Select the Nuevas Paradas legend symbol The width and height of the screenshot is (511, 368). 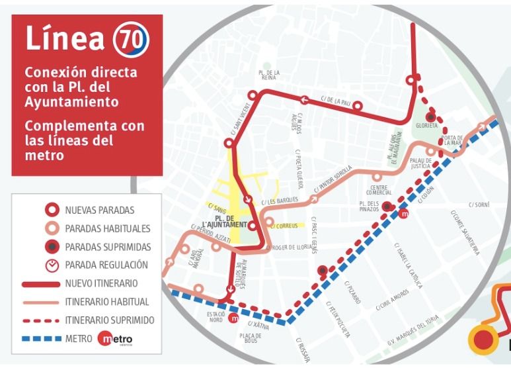50,210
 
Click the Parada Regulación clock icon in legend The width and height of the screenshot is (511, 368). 50,265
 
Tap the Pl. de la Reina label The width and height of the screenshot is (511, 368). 268,75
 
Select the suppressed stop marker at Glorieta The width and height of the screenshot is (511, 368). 430,116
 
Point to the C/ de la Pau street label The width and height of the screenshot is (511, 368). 335,101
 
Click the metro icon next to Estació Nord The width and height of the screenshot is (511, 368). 233,318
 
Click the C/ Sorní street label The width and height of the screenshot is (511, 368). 478,205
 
